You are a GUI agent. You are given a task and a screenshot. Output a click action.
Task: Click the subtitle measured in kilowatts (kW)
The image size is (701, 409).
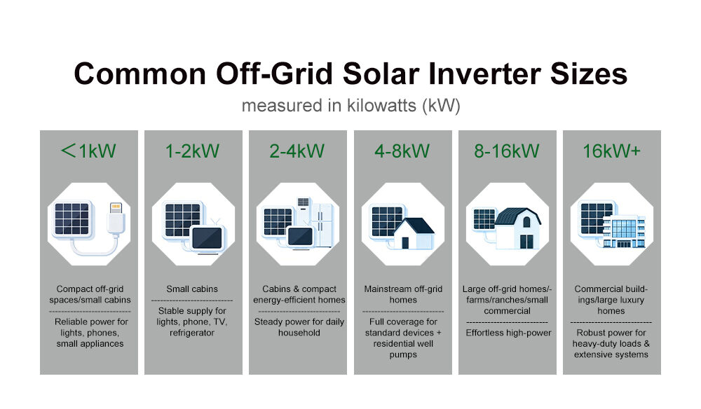tap(350, 106)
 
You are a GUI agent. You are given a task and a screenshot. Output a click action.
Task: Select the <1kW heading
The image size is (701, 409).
tap(89, 151)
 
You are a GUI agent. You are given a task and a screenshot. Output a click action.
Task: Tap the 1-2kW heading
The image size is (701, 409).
tap(193, 151)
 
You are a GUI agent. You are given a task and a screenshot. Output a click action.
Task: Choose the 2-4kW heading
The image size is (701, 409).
tap(297, 151)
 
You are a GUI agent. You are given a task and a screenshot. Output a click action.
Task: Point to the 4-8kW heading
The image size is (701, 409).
tap(402, 151)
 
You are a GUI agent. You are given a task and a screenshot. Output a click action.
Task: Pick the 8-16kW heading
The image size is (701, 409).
tap(507, 151)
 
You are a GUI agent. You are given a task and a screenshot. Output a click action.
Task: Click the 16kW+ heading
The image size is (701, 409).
tap(611, 151)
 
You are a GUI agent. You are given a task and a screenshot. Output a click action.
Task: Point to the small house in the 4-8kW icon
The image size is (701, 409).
tap(414, 233)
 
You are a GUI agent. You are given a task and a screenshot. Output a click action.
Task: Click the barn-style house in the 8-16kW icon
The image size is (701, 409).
tap(520, 228)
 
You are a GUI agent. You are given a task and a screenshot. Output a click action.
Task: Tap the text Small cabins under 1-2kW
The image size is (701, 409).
tap(192, 289)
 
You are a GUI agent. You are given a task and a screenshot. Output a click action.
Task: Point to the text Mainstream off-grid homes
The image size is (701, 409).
tap(403, 294)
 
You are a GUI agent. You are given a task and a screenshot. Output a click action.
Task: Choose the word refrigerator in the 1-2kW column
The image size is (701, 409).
tap(192, 333)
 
